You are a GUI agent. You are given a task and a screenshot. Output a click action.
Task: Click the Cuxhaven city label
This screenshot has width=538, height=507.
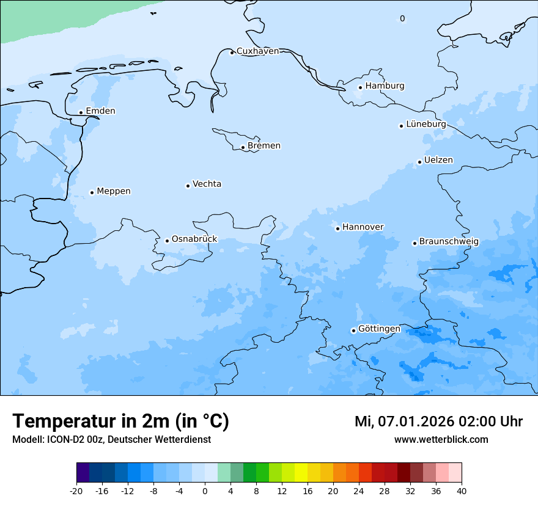coord(257,51)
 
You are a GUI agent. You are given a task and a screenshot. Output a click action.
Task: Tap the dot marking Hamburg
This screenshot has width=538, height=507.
coord(360,87)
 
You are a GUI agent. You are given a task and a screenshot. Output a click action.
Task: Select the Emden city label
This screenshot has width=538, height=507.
coord(100,111)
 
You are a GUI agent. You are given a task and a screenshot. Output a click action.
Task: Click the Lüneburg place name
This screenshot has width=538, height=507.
coord(426,124)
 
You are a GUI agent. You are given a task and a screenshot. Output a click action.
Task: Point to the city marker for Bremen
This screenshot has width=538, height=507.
coord(243,147)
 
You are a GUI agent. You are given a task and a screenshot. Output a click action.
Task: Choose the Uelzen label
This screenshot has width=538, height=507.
coord(438,161)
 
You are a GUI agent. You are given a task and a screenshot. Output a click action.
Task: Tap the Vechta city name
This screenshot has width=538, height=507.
coord(207,184)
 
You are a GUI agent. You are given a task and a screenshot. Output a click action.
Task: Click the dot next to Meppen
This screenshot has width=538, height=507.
coord(92,192)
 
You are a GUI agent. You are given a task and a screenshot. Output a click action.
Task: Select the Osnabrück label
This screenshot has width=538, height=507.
coord(194,239)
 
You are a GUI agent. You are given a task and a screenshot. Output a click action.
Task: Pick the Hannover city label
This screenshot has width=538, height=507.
coord(363,227)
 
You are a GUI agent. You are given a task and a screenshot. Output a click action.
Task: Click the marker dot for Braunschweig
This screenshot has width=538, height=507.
coord(414,243)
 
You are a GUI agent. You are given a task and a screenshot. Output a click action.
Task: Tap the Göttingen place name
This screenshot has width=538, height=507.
coord(379,329)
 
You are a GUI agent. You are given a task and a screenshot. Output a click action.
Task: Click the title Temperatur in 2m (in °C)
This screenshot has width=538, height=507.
coord(120,421)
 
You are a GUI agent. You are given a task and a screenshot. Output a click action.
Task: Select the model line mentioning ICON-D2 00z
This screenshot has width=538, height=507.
coord(111,440)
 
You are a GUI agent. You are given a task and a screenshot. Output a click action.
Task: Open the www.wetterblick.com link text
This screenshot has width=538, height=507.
coord(441,440)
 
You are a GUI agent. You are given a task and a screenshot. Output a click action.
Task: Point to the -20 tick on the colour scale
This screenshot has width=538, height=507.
coord(76,491)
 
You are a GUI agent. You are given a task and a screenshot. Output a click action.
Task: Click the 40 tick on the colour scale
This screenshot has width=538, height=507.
coord(461,491)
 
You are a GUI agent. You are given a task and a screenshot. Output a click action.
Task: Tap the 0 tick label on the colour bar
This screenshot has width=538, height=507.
coord(205,491)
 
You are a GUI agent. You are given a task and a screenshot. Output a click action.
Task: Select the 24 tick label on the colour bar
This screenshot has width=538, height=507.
coord(359,491)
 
